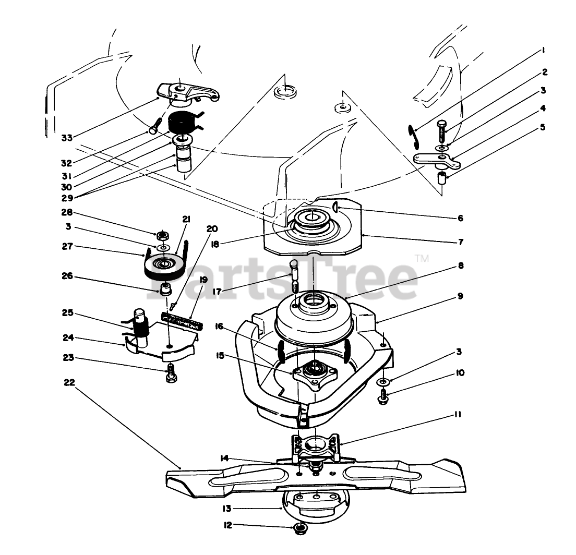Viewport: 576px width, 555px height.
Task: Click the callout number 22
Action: point(69,382)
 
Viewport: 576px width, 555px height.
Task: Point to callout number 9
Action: point(460,296)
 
